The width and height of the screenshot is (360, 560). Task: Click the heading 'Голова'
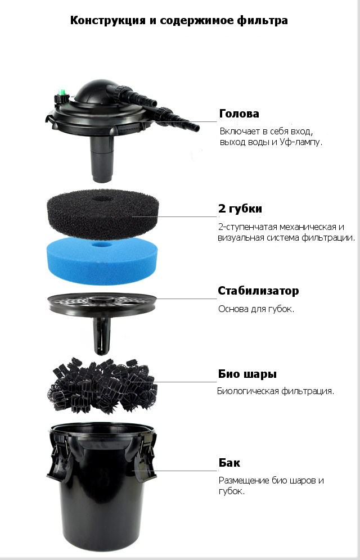click(x=239, y=114)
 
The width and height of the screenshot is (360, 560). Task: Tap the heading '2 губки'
click(x=240, y=209)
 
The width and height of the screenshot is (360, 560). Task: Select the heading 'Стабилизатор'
click(x=258, y=291)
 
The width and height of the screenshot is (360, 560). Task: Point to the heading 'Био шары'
click(x=247, y=374)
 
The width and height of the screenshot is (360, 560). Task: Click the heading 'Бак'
click(x=229, y=463)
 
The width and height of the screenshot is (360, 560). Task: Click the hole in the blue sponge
click(x=102, y=245)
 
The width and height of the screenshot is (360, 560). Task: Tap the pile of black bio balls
click(x=102, y=385)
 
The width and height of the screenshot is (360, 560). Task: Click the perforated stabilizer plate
click(x=102, y=304)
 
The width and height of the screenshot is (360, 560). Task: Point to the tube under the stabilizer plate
click(x=102, y=336)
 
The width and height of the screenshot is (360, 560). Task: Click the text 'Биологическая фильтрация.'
click(x=276, y=391)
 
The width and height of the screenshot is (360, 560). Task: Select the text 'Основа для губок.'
click(x=256, y=309)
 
